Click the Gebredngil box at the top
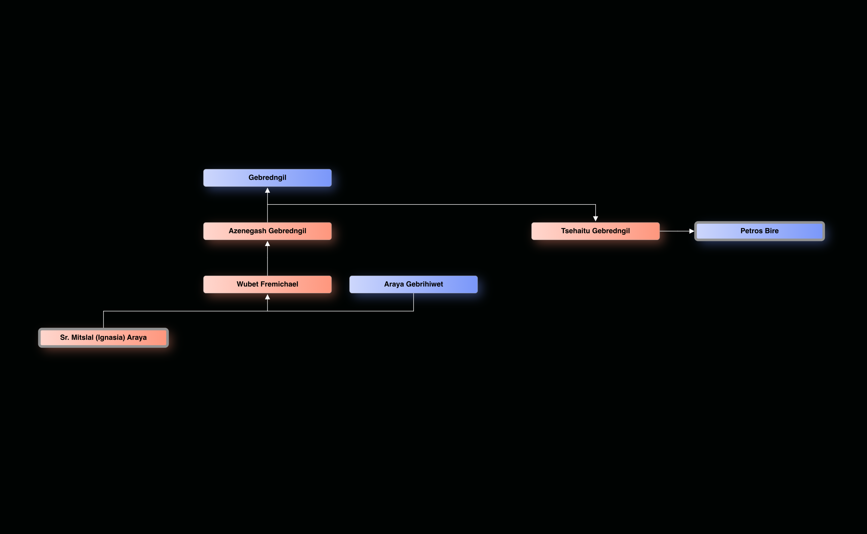coord(267,178)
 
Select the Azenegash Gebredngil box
coord(267,231)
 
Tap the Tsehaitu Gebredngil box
coord(595,231)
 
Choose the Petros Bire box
coord(759,231)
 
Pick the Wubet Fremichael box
coord(267,284)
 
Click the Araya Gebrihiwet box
coord(413,284)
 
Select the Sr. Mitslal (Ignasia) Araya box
coord(103,338)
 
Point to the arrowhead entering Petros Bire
coord(692,231)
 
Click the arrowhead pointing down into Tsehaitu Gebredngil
coord(595,219)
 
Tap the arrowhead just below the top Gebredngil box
coord(267,191)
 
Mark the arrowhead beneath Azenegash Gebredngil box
coord(267,244)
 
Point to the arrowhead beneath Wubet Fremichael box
coord(267,297)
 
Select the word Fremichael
coord(279,284)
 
